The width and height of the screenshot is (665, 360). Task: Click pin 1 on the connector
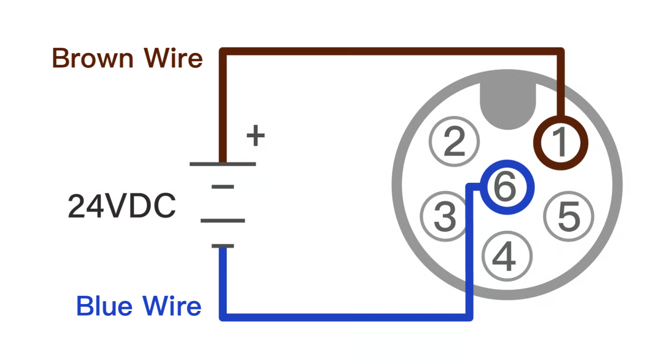(x=560, y=142)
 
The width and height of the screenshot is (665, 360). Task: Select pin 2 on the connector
(x=454, y=141)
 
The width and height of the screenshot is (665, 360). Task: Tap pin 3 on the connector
(x=445, y=216)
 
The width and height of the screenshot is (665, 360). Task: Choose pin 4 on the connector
(x=507, y=256)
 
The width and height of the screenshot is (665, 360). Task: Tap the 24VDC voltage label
(x=122, y=206)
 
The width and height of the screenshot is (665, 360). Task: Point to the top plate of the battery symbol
(x=223, y=163)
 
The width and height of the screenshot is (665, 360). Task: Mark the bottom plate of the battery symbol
(x=223, y=246)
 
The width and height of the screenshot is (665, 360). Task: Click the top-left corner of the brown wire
(x=223, y=51)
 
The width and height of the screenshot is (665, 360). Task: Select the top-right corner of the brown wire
(x=561, y=51)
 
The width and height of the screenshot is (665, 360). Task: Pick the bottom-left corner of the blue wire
(x=223, y=317)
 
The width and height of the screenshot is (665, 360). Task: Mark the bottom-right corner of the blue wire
(x=469, y=317)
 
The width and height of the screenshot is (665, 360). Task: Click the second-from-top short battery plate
(x=223, y=187)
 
